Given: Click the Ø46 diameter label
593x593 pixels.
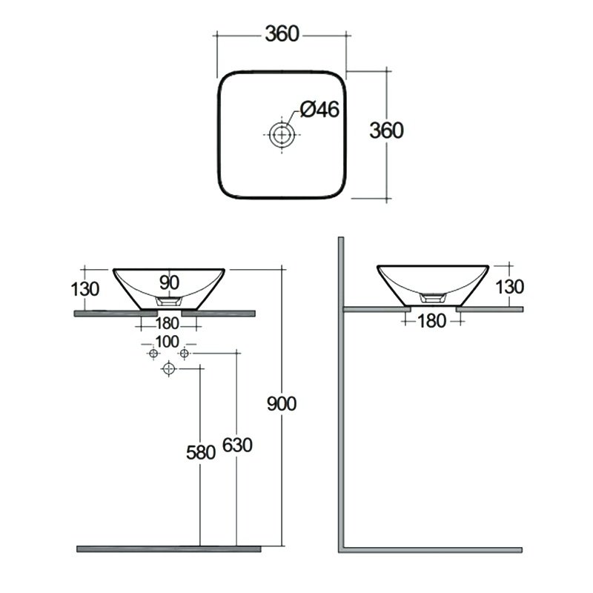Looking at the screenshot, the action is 319,109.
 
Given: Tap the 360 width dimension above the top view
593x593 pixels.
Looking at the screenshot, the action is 282,33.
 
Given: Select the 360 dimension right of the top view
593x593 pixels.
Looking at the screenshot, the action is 386,130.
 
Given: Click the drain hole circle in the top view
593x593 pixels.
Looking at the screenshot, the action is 282,134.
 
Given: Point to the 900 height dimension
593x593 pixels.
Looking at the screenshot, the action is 282,403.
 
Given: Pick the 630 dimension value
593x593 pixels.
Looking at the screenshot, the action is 237,445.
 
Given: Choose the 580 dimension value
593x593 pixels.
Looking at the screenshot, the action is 201,452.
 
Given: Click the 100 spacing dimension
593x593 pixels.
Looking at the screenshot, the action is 168,342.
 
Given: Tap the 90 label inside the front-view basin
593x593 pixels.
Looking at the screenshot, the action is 169,282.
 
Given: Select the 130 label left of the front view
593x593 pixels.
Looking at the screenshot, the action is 85,289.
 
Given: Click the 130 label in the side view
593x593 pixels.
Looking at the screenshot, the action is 510,287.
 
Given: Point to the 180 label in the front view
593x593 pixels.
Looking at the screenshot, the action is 168,323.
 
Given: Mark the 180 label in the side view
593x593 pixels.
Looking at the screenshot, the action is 432,321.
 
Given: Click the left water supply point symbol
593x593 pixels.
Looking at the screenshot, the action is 153,354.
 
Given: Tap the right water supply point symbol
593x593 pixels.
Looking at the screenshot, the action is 184,354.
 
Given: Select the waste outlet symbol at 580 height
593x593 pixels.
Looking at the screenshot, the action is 169,368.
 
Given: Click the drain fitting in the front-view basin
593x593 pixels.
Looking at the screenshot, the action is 169,301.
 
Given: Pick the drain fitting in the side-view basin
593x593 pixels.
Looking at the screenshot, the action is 434,298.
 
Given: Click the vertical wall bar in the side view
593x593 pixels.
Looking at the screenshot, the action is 341,394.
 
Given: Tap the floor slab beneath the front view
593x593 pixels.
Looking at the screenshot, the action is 169,549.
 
